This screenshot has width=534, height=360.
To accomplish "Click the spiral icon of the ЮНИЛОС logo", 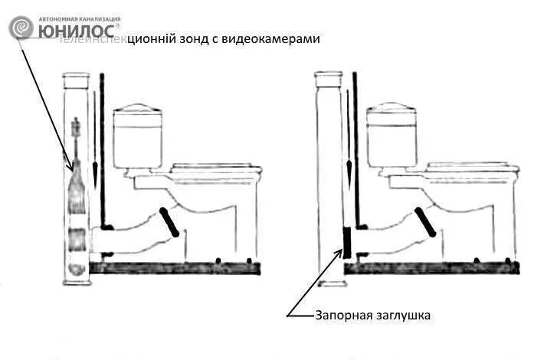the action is coord(21,28).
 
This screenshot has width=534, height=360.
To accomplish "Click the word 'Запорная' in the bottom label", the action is coord(342,315).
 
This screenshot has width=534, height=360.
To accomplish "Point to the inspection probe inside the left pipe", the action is coord(75,207).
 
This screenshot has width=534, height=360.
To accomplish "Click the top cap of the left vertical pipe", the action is coord(75,77).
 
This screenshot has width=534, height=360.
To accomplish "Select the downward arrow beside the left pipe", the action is coord(94,138).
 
